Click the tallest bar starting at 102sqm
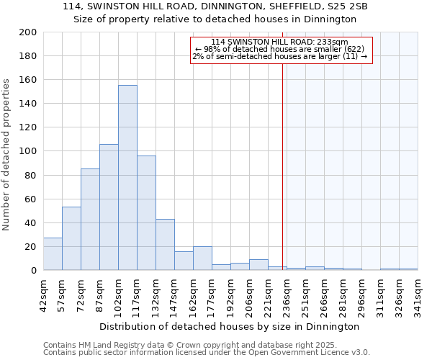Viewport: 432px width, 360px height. [127, 178]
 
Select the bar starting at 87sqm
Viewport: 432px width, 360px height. [109, 207]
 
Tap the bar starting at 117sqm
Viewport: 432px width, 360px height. [146, 213]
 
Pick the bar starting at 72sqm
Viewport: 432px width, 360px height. [90, 220]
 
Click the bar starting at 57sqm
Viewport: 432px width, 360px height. [71, 238]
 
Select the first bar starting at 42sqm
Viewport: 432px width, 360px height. [53, 254]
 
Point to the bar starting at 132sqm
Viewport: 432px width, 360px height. [165, 245]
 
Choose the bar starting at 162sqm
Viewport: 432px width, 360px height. [202, 258]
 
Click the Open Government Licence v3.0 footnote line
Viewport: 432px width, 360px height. [207, 353]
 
